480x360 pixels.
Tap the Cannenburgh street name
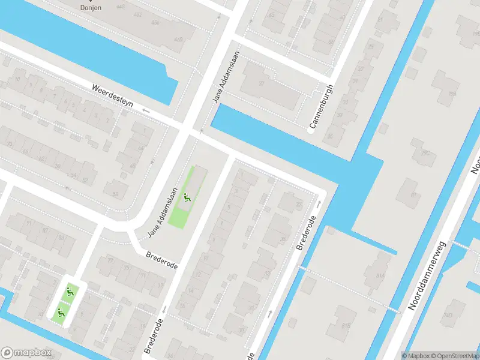click(x=321, y=107)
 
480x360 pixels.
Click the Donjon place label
click(x=91, y=8)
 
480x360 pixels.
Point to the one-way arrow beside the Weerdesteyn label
click(x=146, y=111)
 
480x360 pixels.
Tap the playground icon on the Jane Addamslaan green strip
click(x=188, y=196)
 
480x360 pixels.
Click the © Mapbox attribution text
click(x=415, y=355)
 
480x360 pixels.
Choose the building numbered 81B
click(x=346, y=325)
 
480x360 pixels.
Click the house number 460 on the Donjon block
click(x=178, y=40)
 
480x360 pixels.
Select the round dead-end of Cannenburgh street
click(x=311, y=130)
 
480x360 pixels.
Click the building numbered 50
click(x=116, y=193)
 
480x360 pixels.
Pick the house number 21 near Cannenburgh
click(x=380, y=20)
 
